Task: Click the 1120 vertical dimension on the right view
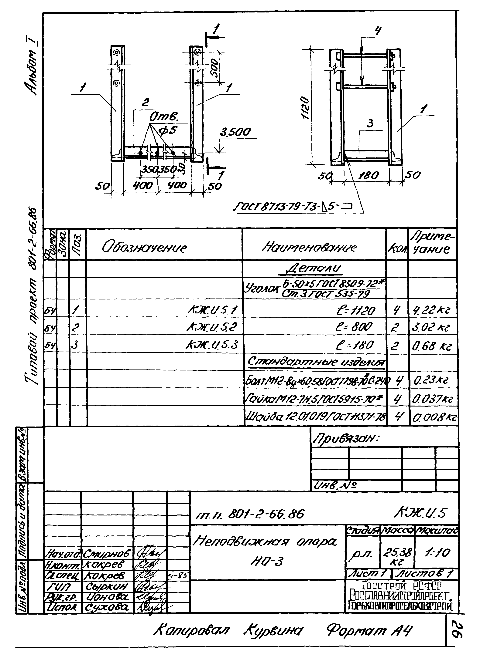[x=305, y=108]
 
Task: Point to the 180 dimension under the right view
[x=369, y=176]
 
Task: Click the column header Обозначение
[x=144, y=248]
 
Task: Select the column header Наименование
[x=309, y=247]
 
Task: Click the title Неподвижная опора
[x=264, y=542]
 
